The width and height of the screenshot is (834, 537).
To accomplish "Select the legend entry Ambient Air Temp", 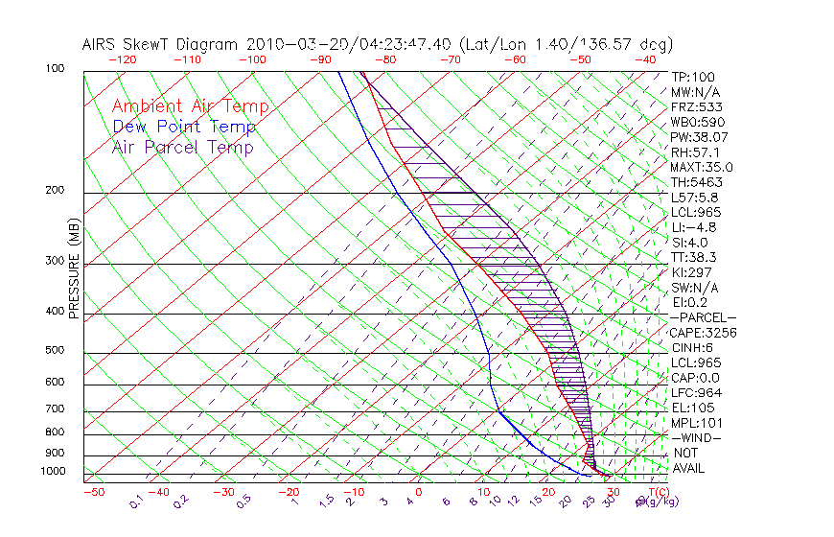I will coord(190,106).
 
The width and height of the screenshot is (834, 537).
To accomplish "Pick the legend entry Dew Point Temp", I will coord(184,127).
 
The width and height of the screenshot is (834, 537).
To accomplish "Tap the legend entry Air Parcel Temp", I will coord(182,147).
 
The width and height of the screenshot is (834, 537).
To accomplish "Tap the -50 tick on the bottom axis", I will coord(93,493).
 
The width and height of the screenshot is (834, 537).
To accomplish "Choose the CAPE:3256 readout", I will coord(704,332).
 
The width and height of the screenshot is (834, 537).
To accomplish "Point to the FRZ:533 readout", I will coord(695,107).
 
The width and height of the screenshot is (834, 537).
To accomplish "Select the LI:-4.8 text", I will coord(694,227).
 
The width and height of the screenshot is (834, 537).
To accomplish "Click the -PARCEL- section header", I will coord(703,317).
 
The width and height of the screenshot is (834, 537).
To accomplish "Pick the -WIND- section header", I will coord(697,437).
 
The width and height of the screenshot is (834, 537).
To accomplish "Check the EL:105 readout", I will coord(692,408).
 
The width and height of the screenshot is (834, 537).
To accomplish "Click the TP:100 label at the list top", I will coord(693,77).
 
